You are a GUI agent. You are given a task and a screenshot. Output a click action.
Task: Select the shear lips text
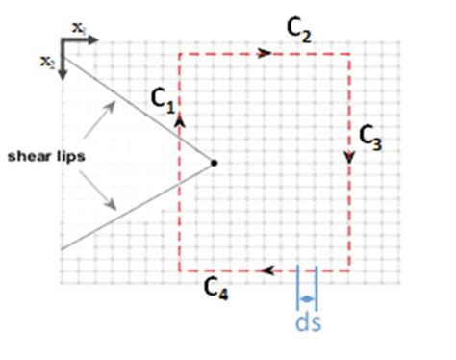(x=39, y=156)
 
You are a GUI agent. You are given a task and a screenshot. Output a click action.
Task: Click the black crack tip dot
(x=214, y=163)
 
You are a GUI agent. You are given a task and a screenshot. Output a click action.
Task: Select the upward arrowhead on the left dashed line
(x=179, y=120)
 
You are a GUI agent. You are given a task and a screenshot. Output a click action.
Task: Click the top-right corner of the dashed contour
(x=348, y=54)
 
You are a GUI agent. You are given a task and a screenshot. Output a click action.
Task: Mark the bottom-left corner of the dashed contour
(x=179, y=271)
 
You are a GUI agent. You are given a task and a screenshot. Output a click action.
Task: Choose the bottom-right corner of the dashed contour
(x=348, y=271)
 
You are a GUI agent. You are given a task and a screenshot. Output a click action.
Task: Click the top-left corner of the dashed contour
(x=179, y=54)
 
